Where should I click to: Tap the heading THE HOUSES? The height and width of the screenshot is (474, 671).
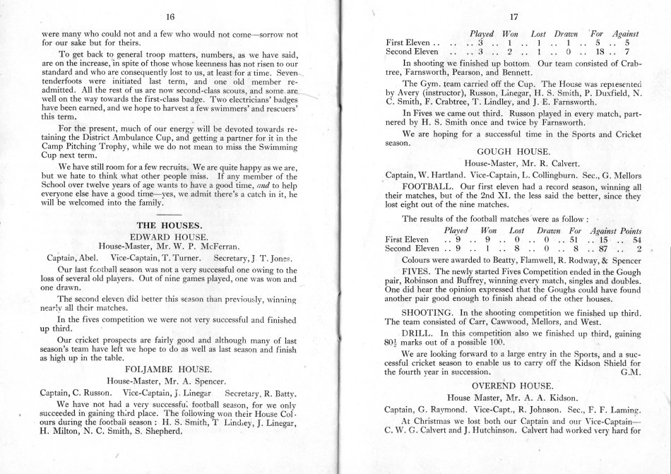[x=170, y=225]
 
